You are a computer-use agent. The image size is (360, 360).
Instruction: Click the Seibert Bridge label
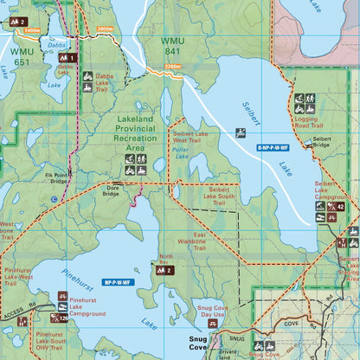tap(322, 143)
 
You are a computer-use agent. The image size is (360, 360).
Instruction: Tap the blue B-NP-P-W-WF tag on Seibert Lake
tap(273, 149)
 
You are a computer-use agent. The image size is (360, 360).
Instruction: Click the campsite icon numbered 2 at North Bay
tap(164, 271)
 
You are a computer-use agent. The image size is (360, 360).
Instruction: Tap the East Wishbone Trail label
tap(198, 241)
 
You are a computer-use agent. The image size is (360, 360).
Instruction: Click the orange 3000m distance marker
tap(105, 29)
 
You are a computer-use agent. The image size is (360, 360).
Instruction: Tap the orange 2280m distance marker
tap(172, 66)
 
